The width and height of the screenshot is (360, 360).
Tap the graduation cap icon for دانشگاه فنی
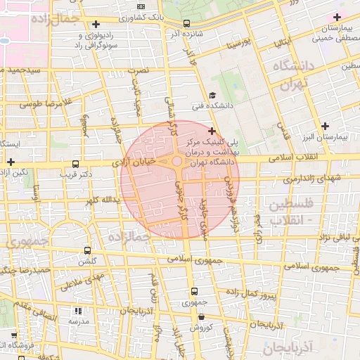coord(212,96)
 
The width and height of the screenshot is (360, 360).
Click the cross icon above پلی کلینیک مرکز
coord(212,131)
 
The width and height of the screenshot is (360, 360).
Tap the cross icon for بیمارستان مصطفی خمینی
coord(337,17)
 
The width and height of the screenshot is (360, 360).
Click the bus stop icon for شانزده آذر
coord(186,22)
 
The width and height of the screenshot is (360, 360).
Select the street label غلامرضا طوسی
coord(46,103)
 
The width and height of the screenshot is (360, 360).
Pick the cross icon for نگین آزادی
coord(10,162)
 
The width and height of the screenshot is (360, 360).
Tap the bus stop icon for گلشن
coord(88,250)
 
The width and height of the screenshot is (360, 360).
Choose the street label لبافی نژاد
coord(330,240)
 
